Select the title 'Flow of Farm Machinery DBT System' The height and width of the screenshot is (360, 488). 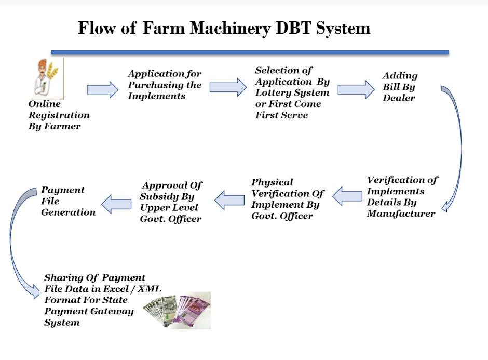[224, 28]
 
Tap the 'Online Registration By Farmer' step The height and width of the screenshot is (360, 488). [59, 115]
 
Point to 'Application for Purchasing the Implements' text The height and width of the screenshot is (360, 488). [165, 85]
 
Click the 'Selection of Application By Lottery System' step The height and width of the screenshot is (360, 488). [292, 92]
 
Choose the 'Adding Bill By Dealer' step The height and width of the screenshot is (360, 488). [400, 87]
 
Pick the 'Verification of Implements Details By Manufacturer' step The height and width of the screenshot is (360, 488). [402, 197]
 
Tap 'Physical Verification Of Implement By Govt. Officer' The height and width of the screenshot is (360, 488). [288, 199]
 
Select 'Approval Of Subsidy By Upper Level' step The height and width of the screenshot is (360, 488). [171, 202]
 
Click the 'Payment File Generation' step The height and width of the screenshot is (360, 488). [68, 201]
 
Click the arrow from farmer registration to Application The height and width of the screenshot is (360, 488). [102, 90]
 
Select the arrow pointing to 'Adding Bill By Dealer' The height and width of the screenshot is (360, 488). [356, 89]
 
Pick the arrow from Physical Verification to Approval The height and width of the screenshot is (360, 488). [230, 200]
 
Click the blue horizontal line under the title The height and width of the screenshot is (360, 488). [250, 52]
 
